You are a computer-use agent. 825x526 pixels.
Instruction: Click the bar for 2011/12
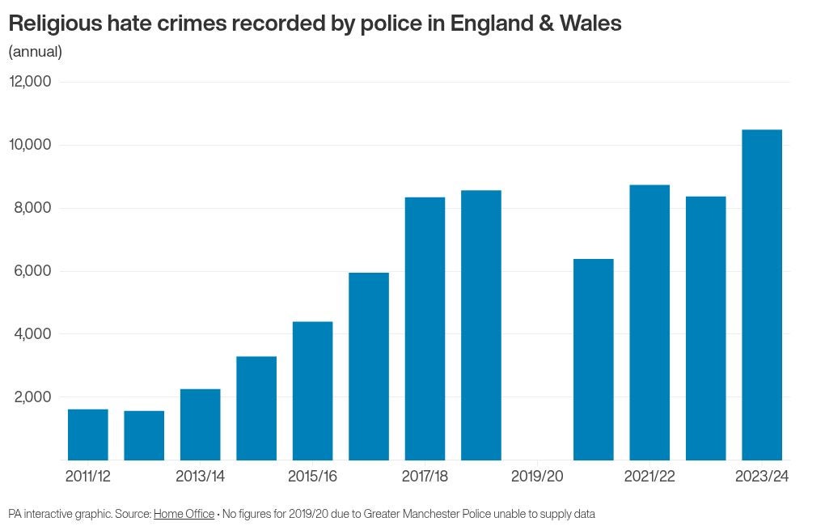[87, 435]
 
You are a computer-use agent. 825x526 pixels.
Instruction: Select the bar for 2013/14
[200, 425]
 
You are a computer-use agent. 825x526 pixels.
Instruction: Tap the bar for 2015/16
[312, 391]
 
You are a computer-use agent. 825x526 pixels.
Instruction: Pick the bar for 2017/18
[425, 329]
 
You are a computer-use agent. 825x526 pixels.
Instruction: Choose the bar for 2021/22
[649, 322]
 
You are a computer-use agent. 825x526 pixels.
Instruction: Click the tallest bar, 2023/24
[762, 295]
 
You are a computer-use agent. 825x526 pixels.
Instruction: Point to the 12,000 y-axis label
[30, 82]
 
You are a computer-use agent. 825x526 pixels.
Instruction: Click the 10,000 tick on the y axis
[30, 145]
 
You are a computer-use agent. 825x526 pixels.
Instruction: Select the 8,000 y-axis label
[33, 208]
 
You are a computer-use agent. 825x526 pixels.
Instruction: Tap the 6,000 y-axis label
[33, 271]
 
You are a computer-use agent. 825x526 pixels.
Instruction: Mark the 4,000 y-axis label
[33, 333]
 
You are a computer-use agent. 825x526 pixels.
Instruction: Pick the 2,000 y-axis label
[33, 397]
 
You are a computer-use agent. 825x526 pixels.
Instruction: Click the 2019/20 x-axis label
[537, 477]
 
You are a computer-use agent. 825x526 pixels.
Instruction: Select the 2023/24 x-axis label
[761, 477]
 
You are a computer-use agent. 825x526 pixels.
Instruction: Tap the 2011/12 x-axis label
[87, 477]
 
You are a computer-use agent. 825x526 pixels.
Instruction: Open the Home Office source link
[184, 514]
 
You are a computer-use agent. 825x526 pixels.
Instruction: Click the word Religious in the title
[56, 24]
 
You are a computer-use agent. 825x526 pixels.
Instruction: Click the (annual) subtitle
[35, 52]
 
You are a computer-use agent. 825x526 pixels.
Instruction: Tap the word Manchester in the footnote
[435, 514]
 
